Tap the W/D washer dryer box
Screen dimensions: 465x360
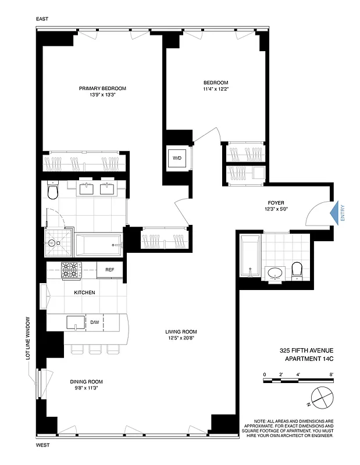[176, 158]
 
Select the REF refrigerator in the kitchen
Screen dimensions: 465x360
[109, 270]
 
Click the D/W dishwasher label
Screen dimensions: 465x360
[95, 321]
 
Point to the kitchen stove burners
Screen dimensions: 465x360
[72, 270]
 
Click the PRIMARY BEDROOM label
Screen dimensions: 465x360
[103, 88]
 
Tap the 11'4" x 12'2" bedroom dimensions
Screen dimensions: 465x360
[215, 90]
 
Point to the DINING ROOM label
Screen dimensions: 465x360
[86, 382]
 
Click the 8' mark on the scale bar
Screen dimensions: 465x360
[332, 374]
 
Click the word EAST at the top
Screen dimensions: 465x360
[42, 19]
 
